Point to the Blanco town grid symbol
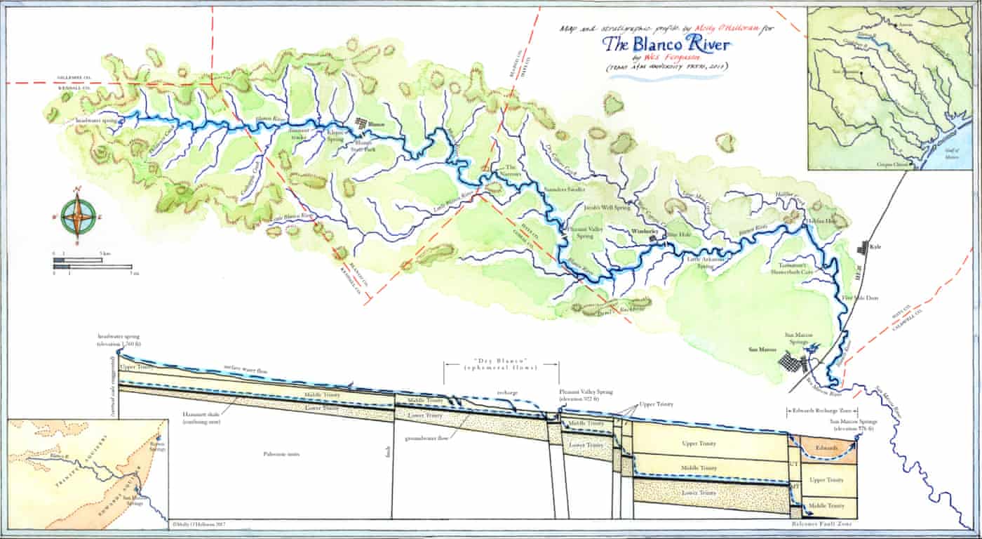point(361,124)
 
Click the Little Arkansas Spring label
point(704,262)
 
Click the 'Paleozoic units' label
point(282,454)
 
